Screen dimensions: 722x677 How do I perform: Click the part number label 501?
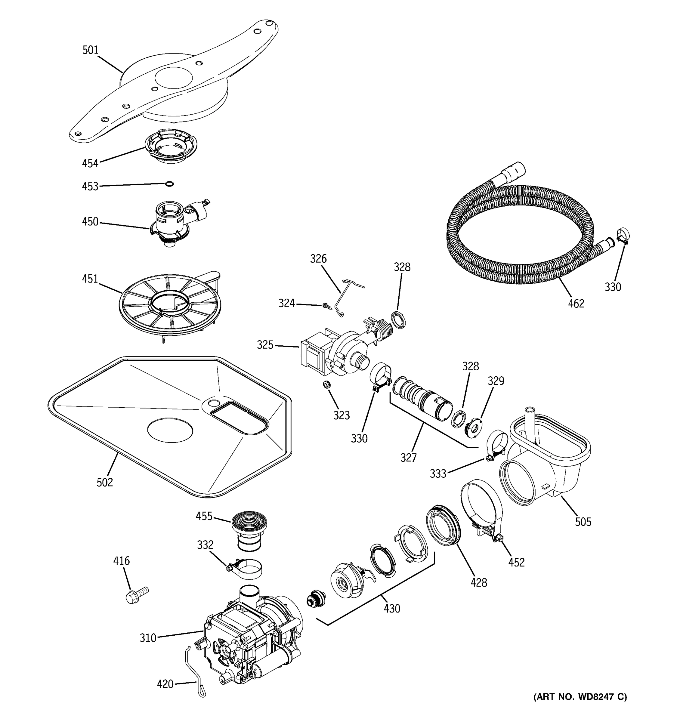coord(91,50)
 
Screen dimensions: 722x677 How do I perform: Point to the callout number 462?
coord(576,303)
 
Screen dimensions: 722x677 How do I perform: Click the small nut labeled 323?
coord(327,384)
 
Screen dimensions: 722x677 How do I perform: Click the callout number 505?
coord(583,522)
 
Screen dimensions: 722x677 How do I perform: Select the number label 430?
coord(392,608)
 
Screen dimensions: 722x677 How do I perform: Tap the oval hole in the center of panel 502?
coord(170,430)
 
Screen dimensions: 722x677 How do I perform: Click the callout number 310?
coord(148,638)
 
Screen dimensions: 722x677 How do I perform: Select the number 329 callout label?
coord(496,381)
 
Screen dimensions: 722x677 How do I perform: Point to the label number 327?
coord(409,457)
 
